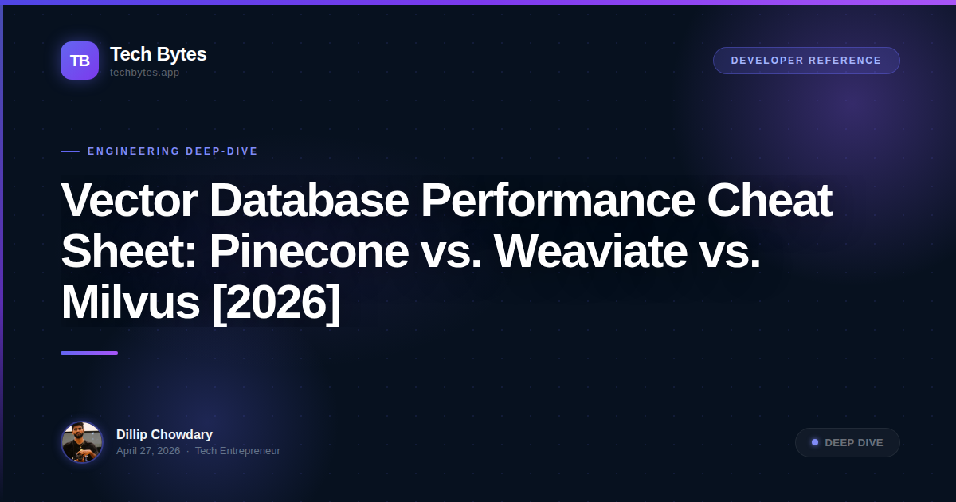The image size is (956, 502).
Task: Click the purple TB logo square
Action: click(x=80, y=61)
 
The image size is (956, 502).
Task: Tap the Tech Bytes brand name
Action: click(x=158, y=54)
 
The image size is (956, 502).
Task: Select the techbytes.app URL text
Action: click(x=144, y=73)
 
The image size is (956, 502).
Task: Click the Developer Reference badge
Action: click(x=806, y=61)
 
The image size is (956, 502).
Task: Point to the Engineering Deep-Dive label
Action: click(x=172, y=151)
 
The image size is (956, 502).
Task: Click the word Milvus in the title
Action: click(x=130, y=303)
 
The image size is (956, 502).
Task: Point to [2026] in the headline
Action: click(x=276, y=303)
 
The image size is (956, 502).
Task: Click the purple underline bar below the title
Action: click(x=89, y=353)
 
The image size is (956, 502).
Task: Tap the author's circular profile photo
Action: click(x=82, y=442)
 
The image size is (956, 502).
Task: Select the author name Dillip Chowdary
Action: click(x=164, y=435)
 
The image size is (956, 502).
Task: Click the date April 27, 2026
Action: click(x=148, y=451)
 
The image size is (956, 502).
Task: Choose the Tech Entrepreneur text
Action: click(x=237, y=451)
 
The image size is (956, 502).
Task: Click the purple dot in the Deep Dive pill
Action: click(x=815, y=442)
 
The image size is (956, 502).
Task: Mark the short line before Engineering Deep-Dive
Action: click(x=70, y=151)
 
